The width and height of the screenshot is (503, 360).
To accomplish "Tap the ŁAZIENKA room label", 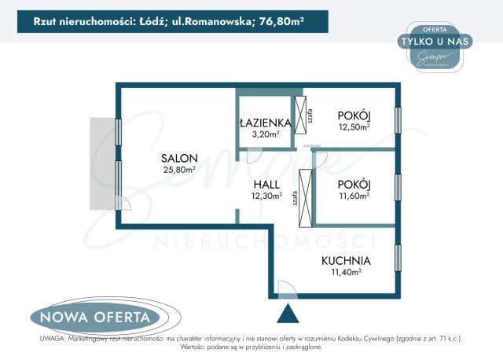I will pyautogui.click(x=266, y=123).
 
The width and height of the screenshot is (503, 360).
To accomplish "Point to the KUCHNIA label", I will pyautogui.click(x=345, y=260).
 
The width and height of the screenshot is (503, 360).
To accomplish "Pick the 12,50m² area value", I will pyautogui.click(x=354, y=126).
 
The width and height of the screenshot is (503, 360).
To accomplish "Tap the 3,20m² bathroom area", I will pyautogui.click(x=266, y=134).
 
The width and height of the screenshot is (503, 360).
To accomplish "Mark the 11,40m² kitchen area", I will pyautogui.click(x=345, y=272).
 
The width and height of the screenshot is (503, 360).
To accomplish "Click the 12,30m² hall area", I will pyautogui.click(x=266, y=196).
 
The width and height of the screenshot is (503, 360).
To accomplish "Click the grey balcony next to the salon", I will pyautogui.click(x=102, y=164).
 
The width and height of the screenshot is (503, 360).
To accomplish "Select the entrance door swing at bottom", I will pyautogui.click(x=286, y=291).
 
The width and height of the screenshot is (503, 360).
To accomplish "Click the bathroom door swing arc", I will pyautogui.click(x=254, y=155).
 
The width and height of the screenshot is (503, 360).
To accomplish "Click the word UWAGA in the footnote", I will pyautogui.click(x=52, y=338).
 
